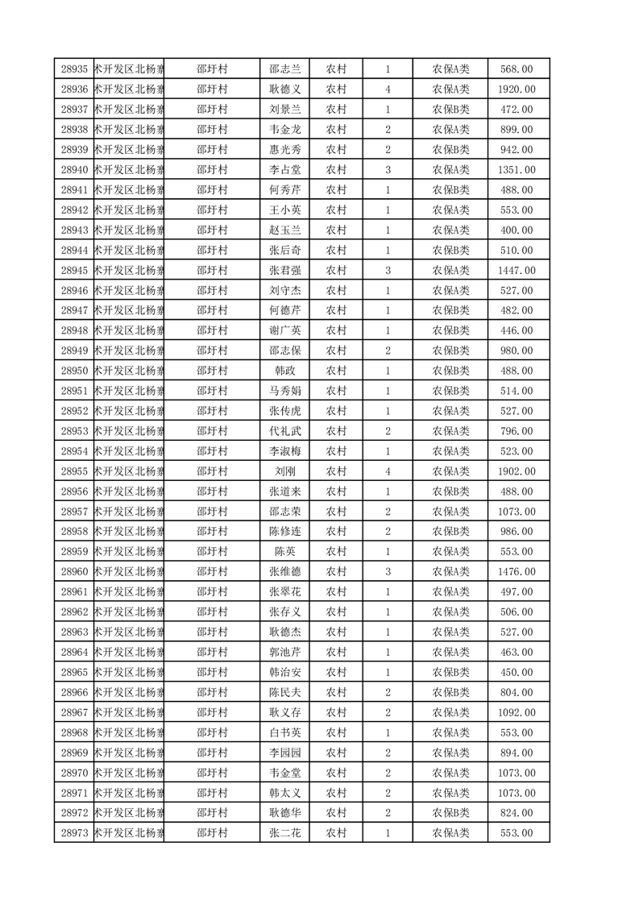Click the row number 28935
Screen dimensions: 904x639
(x=74, y=69)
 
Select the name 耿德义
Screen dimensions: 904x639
(x=284, y=89)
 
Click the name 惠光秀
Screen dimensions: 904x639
(x=284, y=150)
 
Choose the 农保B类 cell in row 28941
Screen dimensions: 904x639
(x=451, y=190)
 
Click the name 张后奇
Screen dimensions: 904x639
(x=284, y=251)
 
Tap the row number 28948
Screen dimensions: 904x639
(x=74, y=330)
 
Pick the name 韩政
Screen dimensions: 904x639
(x=284, y=371)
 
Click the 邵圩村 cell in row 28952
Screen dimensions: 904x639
(x=212, y=411)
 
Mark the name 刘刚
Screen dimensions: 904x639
(x=284, y=471)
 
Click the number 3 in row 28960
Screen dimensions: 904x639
(x=388, y=572)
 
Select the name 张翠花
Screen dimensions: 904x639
(x=284, y=592)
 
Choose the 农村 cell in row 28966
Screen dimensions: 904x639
(x=336, y=692)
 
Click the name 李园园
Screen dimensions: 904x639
(x=284, y=753)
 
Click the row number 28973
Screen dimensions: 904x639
(x=74, y=833)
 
